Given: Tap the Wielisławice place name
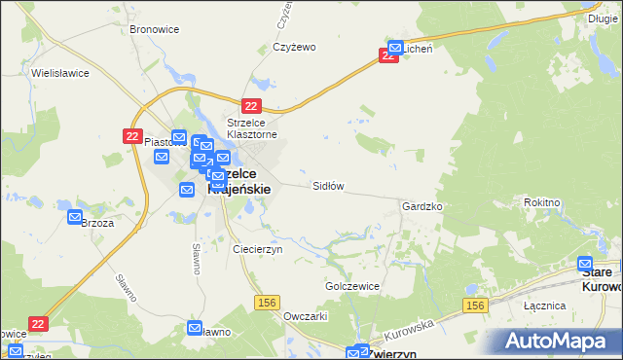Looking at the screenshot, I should (60, 73).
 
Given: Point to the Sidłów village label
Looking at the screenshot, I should (328, 185).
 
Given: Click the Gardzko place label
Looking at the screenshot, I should (422, 207).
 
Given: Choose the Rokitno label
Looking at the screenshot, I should (568, 201).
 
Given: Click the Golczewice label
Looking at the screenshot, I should (351, 287).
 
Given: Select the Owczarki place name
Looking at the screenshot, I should (304, 316).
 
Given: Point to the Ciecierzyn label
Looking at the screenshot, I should (257, 249).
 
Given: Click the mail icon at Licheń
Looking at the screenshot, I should (396, 47).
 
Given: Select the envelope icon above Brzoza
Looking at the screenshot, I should (76, 218).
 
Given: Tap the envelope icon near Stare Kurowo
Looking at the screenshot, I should (585, 264).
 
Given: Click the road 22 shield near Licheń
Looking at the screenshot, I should (388, 56).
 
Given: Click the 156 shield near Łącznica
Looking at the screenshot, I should (474, 306).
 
